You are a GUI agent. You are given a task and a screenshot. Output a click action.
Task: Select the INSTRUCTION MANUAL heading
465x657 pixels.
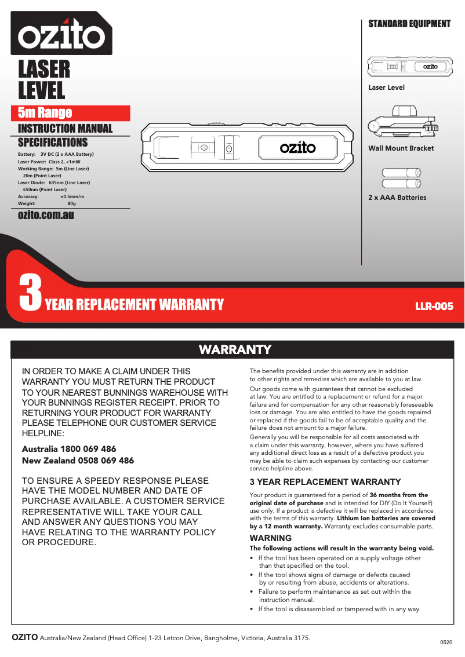(x=65, y=129)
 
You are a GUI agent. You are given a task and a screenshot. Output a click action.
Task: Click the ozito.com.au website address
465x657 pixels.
(x=46, y=216)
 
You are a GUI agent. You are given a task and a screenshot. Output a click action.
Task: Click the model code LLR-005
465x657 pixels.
(x=434, y=306)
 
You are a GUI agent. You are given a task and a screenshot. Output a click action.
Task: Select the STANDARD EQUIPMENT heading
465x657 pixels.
(x=409, y=24)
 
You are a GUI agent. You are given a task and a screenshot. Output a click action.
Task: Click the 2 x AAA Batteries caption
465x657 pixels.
(x=397, y=198)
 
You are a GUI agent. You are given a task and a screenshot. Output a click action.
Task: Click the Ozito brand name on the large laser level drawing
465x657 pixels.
(x=298, y=148)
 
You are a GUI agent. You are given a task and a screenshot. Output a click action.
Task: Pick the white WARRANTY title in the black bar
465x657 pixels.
(x=235, y=349)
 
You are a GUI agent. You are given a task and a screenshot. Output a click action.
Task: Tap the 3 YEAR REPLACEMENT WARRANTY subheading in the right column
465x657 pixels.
(x=325, y=482)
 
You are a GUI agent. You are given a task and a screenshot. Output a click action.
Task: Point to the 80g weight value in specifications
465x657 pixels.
(x=71, y=204)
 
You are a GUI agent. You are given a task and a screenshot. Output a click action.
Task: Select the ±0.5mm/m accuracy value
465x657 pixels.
(x=72, y=196)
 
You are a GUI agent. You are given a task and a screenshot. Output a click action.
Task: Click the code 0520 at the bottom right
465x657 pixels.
(x=446, y=643)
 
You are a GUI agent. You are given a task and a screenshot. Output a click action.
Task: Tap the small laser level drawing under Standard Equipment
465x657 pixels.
(x=410, y=67)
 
